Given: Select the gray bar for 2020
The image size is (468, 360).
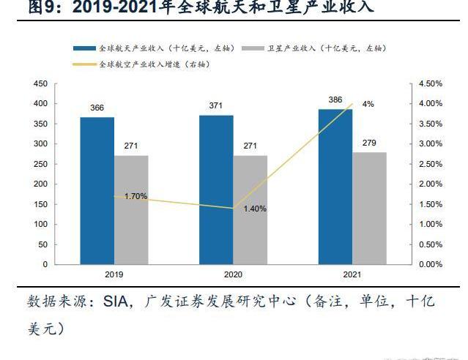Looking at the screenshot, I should [x=250, y=209].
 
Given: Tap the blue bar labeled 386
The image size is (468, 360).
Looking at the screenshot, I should [x=335, y=186].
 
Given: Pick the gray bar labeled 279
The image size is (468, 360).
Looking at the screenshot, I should [x=369, y=208].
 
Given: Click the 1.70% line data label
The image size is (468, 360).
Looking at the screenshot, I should [x=135, y=196].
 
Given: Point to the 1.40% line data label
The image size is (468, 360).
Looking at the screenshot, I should [x=255, y=209].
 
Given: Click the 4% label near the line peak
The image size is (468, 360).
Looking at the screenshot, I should [x=368, y=104].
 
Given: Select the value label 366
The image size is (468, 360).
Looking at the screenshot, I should [x=97, y=108].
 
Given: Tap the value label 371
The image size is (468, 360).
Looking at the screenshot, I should [x=215, y=106].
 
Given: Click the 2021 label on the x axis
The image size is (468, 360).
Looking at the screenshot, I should [x=352, y=274].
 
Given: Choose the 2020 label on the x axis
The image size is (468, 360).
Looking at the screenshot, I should [x=233, y=274].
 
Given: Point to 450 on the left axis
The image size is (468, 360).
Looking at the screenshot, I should [x=41, y=84].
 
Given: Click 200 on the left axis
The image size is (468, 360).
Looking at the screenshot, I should [x=41, y=184].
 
